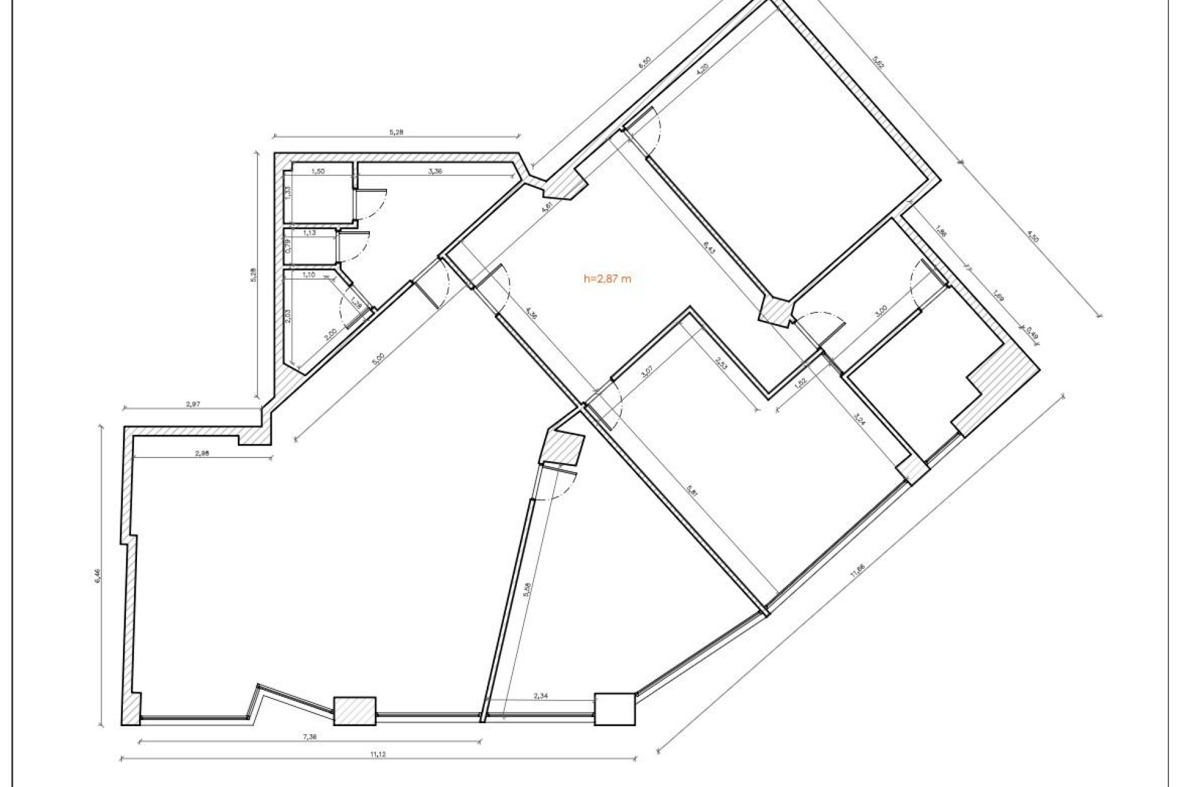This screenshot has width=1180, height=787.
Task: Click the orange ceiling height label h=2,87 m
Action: tap(607, 279)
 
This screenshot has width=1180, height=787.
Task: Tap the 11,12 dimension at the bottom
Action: tap(379, 754)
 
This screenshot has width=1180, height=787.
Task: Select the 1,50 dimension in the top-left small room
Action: tap(318, 172)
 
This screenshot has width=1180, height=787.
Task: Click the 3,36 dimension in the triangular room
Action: tap(434, 172)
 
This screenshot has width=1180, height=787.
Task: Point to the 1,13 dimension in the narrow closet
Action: tap(309, 234)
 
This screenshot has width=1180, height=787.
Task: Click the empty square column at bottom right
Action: tap(615, 710)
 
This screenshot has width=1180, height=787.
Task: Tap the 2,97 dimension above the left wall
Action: tap(192, 405)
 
